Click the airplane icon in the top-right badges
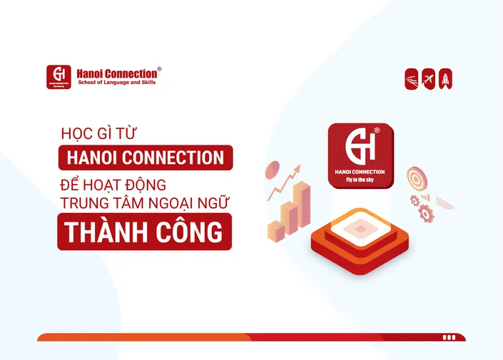click(429, 78)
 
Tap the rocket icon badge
click(446, 78)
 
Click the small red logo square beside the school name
click(60, 77)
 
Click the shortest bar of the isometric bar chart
click(274, 228)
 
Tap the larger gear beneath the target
click(425, 212)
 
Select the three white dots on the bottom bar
click(449, 337)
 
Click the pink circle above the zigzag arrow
click(272, 170)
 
